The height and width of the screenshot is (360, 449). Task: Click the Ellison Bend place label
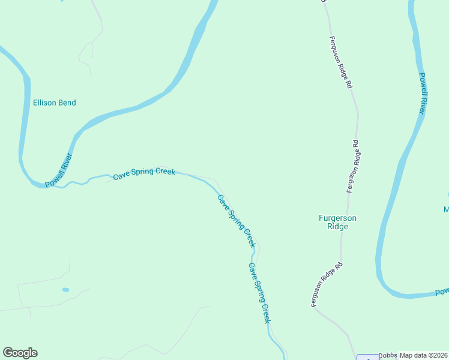(54, 103)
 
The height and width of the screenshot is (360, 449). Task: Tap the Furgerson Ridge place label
(337, 222)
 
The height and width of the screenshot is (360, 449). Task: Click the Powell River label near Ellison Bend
(59, 170)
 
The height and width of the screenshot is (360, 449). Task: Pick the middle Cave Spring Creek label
(237, 221)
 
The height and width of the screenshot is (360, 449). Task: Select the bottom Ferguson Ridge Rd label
(327, 285)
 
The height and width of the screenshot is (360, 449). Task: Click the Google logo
(20, 353)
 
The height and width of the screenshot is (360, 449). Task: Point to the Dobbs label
(388, 355)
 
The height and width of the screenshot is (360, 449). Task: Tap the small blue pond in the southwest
(65, 290)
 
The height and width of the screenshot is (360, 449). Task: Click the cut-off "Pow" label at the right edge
(442, 292)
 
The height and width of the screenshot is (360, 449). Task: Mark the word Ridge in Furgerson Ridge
(337, 227)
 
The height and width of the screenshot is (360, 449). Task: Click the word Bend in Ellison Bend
(66, 103)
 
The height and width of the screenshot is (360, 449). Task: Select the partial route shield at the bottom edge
(367, 357)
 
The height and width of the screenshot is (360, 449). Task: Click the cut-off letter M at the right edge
(446, 209)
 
